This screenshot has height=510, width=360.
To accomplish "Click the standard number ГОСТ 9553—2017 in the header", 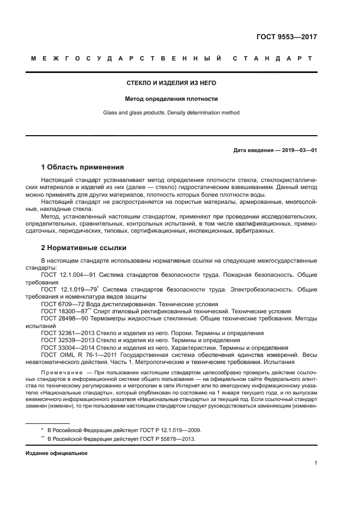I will (286, 38).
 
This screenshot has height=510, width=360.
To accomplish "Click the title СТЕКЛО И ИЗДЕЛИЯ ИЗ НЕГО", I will (172, 83).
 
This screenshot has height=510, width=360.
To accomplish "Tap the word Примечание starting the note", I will (59, 372).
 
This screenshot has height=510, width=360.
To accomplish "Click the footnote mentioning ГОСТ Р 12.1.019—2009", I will (120, 430).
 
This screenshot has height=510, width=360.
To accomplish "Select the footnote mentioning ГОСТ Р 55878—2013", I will (120, 439).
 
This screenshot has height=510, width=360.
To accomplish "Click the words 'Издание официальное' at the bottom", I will (52, 453).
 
